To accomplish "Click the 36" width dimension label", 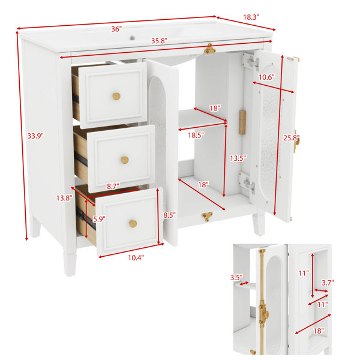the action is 116,29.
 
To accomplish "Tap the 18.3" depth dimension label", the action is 251,17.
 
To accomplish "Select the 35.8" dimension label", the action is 159,41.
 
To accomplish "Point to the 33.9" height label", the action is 35,136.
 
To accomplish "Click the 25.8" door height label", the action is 291,138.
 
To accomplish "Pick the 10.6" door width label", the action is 266,77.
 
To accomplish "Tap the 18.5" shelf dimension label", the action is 196,135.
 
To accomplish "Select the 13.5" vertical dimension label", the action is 238,158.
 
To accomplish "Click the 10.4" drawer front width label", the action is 136,258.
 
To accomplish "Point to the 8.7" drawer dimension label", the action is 113,187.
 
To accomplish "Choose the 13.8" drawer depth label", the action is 64,198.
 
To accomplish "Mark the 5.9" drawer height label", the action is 99,219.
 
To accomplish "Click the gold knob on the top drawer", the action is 116,96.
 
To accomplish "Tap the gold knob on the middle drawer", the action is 125,160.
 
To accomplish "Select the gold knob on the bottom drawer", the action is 133,223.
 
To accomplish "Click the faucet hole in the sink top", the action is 132,37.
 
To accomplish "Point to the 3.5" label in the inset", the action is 236,278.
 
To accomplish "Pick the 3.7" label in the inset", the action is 328,283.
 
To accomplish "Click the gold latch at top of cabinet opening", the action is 210,49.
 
